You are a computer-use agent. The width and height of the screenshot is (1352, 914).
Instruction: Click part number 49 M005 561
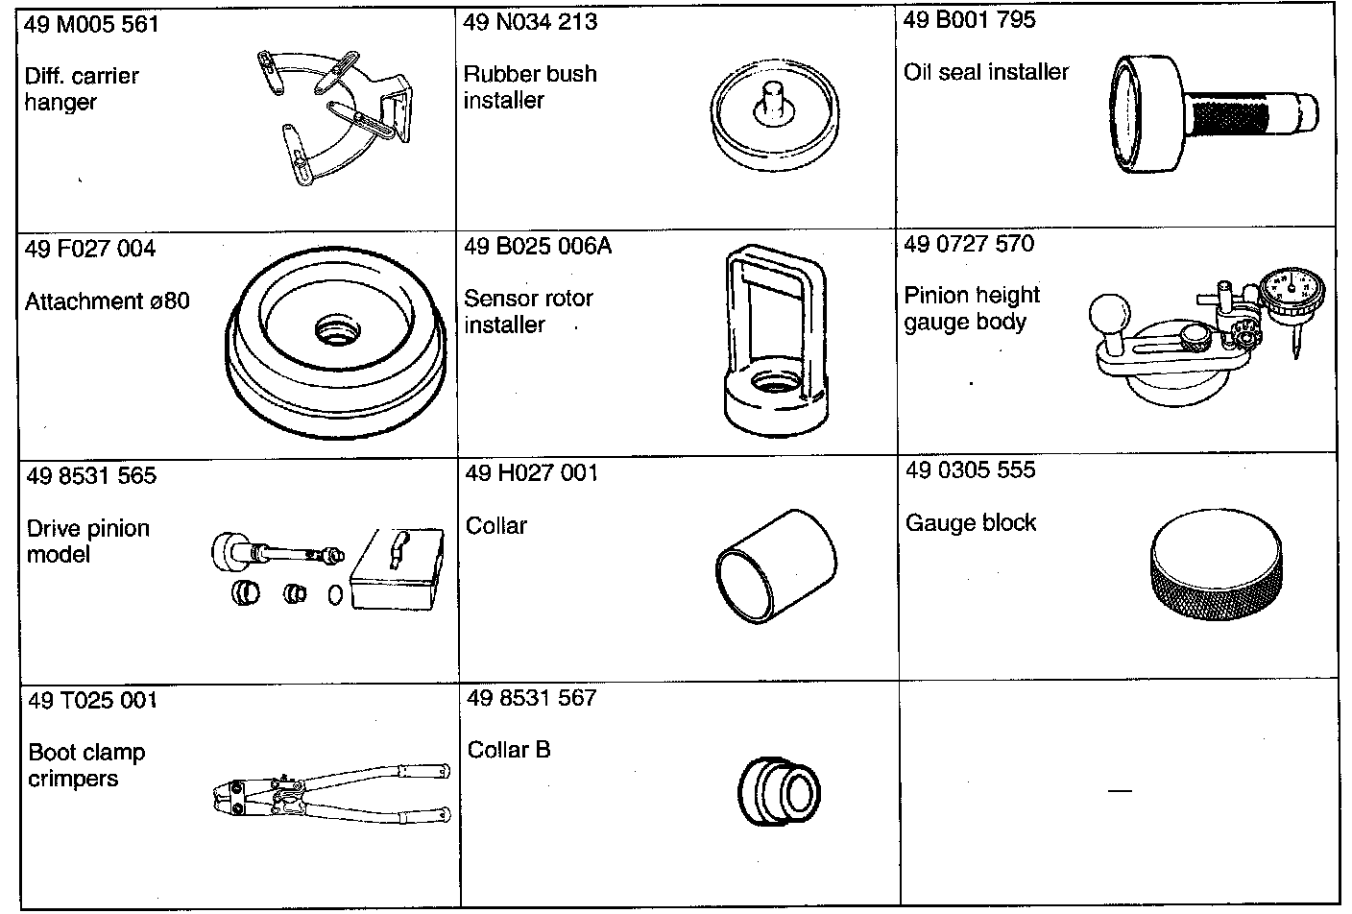point(91,24)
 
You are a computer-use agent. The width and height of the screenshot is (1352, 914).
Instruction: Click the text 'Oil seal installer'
point(986,72)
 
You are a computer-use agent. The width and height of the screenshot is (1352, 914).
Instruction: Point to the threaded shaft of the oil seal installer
point(1239,118)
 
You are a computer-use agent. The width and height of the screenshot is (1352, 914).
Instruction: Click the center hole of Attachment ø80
point(339,332)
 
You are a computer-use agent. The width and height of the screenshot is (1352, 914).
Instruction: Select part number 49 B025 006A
point(538,247)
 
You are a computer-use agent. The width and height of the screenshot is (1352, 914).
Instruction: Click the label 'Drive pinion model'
point(88,541)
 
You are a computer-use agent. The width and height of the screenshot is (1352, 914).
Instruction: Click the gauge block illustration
point(1216,571)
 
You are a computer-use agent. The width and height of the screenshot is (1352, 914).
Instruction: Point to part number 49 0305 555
point(971,469)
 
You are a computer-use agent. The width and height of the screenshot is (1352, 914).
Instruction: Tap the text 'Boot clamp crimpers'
point(86,765)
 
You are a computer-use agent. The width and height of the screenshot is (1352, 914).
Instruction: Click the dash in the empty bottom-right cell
point(1120,791)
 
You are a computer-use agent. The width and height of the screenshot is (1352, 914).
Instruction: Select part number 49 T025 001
point(92,700)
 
